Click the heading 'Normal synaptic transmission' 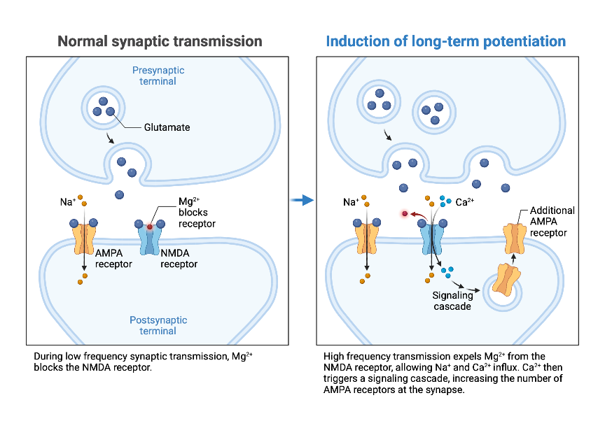click(x=160, y=41)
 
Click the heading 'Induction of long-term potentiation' click(x=445, y=41)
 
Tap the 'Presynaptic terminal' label click(x=158, y=76)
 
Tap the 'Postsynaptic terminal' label click(x=158, y=325)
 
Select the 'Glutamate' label click(x=167, y=127)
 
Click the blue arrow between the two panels click(x=302, y=201)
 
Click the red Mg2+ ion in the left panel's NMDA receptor click(x=149, y=227)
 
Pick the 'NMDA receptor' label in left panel click(x=179, y=258)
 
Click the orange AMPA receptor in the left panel click(x=83, y=238)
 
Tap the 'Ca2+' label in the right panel click(x=465, y=202)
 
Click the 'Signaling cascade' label click(x=452, y=301)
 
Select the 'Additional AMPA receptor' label click(x=552, y=221)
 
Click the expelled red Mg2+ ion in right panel click(x=405, y=213)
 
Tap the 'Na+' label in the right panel click(x=352, y=202)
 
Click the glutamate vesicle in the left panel click(x=102, y=106)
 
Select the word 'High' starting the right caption click(x=334, y=356)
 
